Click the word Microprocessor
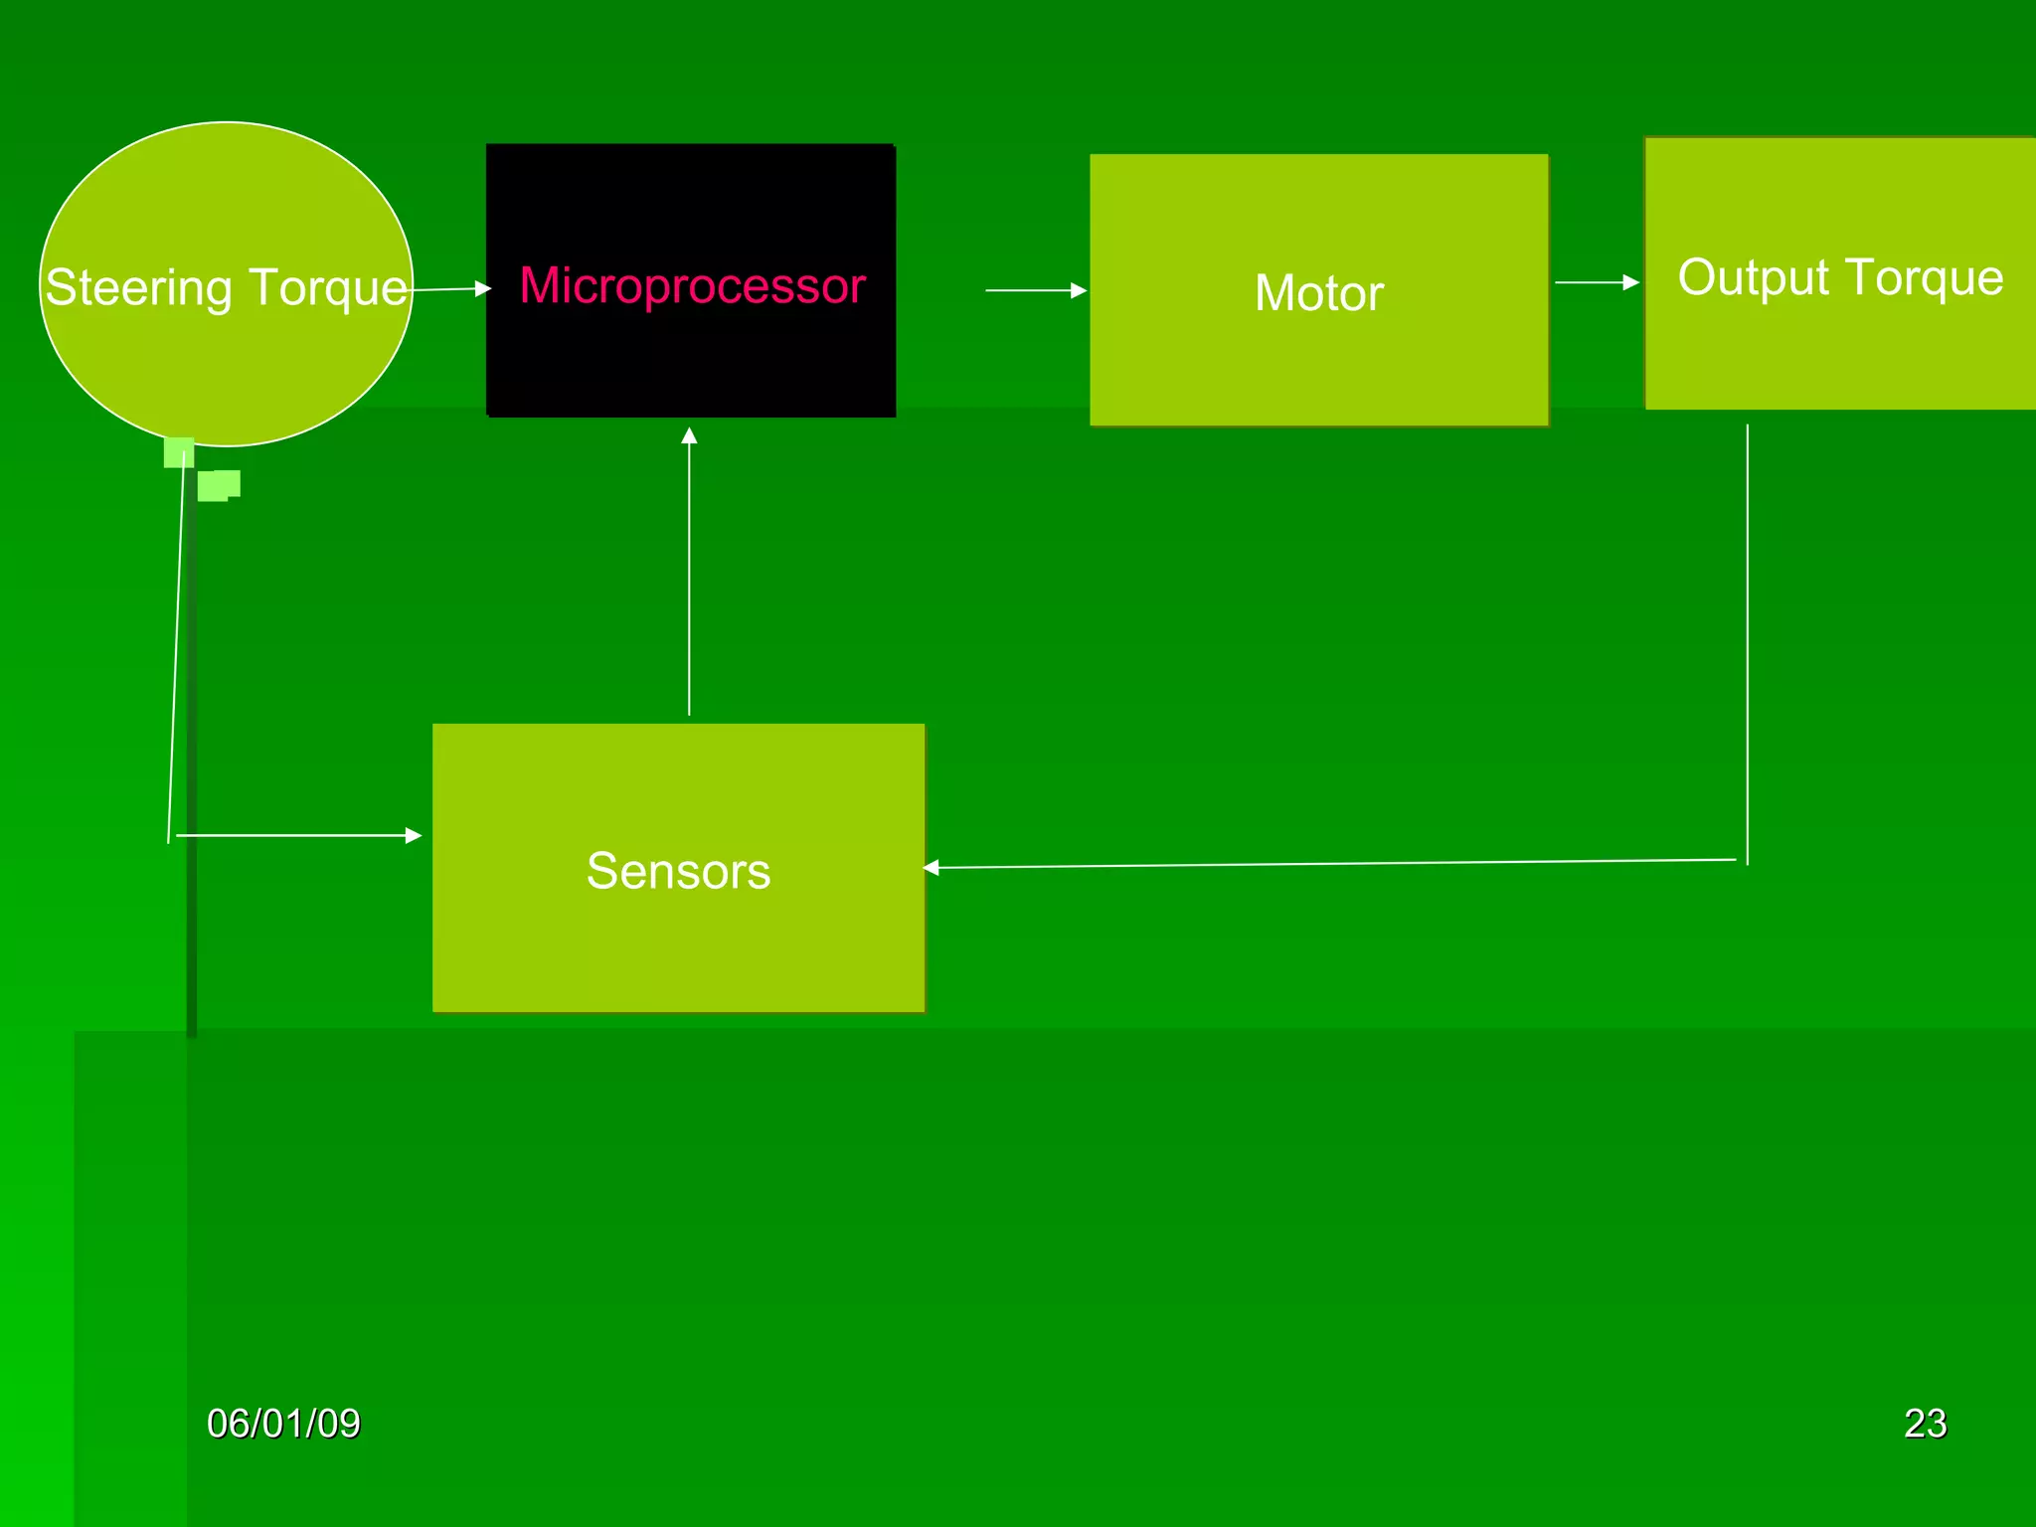(692, 286)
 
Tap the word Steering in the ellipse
(138, 288)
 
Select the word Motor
(1318, 293)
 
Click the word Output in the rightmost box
(1754, 277)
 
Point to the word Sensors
(678, 871)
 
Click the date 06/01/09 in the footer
(283, 1424)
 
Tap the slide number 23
(1925, 1424)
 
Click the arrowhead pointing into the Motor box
(1079, 290)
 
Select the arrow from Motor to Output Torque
(1596, 282)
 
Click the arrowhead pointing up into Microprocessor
(689, 435)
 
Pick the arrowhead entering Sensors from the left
(414, 835)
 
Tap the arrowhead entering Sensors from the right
(932, 868)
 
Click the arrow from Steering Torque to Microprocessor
(449, 289)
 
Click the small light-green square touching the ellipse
(178, 453)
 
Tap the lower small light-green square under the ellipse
(218, 485)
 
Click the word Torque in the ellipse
(328, 288)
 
